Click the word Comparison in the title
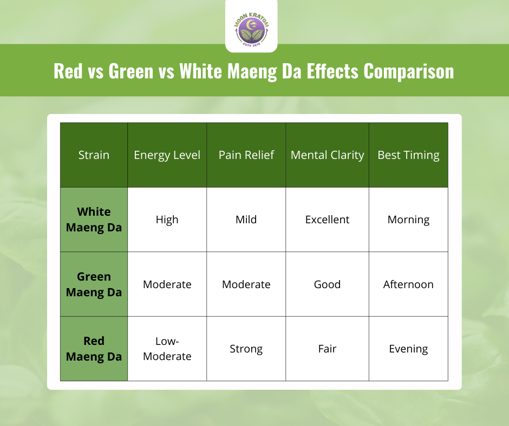click(x=409, y=71)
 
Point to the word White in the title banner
click(x=201, y=70)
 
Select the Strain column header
click(x=94, y=155)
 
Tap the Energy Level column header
click(x=167, y=155)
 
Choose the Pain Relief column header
click(x=246, y=155)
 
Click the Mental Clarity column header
click(x=327, y=155)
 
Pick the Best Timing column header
click(x=408, y=155)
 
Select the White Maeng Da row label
click(x=94, y=219)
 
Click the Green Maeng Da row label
click(x=94, y=284)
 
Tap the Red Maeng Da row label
click(x=94, y=349)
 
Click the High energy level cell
click(x=167, y=220)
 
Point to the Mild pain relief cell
click(x=246, y=219)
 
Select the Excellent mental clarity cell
click(x=327, y=219)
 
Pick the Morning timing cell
click(x=408, y=220)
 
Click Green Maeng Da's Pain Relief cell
click(x=246, y=284)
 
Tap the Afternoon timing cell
click(x=408, y=284)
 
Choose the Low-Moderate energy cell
click(x=167, y=349)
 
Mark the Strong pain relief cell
click(x=246, y=349)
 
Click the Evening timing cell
click(x=408, y=349)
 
